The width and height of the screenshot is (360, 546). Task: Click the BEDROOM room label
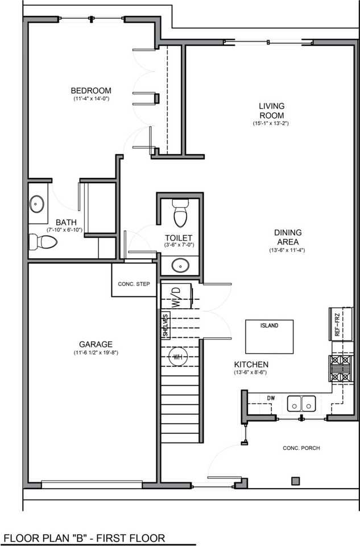(90, 90)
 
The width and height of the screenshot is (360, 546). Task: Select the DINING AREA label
(287, 237)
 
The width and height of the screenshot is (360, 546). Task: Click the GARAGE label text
(96, 344)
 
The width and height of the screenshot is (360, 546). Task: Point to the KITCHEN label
(251, 364)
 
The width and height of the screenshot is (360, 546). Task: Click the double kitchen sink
(301, 403)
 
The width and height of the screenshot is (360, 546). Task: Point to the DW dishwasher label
(271, 398)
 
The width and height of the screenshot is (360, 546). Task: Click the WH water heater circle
(178, 357)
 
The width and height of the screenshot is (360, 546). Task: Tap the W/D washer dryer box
(177, 296)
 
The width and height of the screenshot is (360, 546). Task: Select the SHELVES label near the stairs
(165, 326)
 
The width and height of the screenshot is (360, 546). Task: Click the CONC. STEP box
(134, 284)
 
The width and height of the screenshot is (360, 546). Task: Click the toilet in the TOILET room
(180, 214)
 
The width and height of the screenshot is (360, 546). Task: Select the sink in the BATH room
(38, 203)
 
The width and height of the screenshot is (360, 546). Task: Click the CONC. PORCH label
(301, 448)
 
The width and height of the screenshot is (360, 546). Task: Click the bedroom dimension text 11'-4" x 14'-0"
(90, 99)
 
